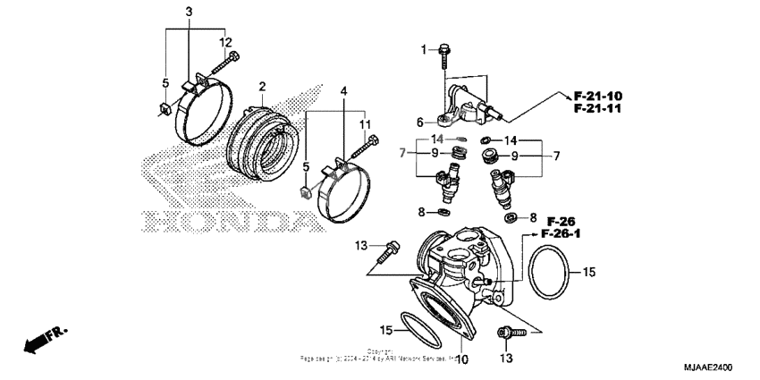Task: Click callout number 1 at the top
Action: point(424,48)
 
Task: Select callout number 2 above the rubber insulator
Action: point(262,87)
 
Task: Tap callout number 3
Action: point(189,12)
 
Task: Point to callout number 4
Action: point(344,91)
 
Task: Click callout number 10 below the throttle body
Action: point(462,359)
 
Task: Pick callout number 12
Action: point(225,42)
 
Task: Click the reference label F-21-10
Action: point(598,95)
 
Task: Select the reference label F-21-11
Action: point(598,108)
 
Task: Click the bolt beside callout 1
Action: point(444,56)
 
